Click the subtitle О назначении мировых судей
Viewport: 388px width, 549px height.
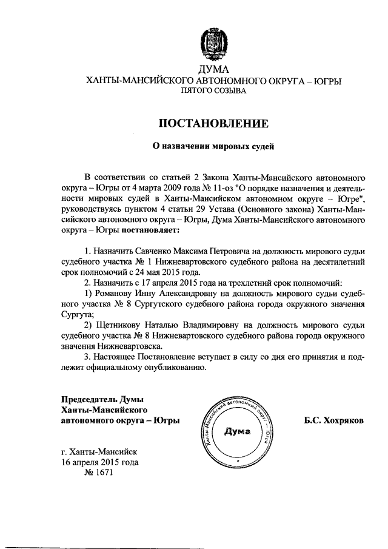213,146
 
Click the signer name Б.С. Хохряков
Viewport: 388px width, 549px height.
334,420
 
